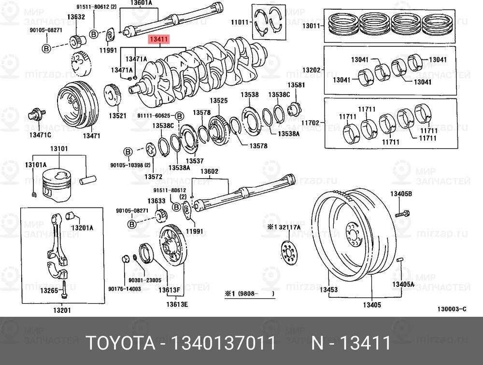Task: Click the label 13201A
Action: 83,227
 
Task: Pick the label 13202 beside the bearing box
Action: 312,70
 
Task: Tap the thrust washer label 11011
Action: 239,22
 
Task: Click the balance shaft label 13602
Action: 209,171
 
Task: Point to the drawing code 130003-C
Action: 452,309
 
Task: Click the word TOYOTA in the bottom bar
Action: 119,343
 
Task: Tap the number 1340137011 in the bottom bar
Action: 219,343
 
